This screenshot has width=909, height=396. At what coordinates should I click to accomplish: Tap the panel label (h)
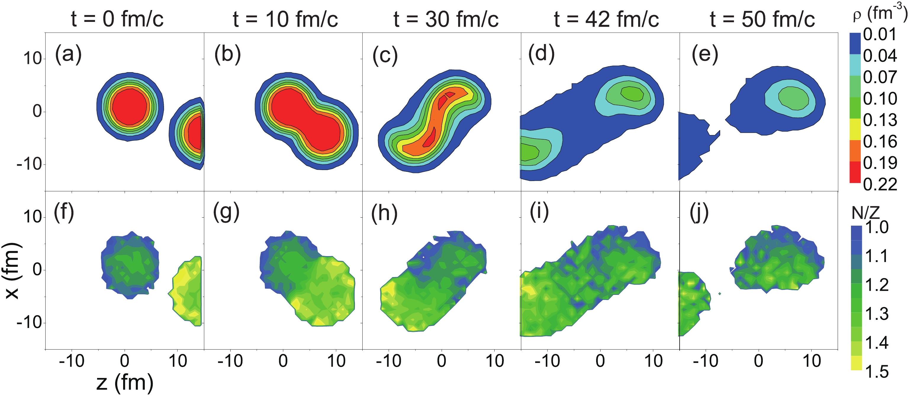pos(384,213)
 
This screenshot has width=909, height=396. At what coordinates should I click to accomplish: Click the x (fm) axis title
pos(13,271)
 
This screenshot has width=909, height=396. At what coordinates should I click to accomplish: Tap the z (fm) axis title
pos(125,383)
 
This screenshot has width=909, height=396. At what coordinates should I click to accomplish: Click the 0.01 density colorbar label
pos(880,35)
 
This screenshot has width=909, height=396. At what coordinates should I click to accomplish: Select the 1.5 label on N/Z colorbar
pos(877,372)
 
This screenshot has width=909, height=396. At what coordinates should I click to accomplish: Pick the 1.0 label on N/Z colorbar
pos(877,227)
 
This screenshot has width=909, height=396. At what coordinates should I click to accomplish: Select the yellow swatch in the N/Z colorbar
pos(856,363)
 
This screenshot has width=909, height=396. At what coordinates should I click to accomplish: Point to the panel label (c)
pos(385,55)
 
